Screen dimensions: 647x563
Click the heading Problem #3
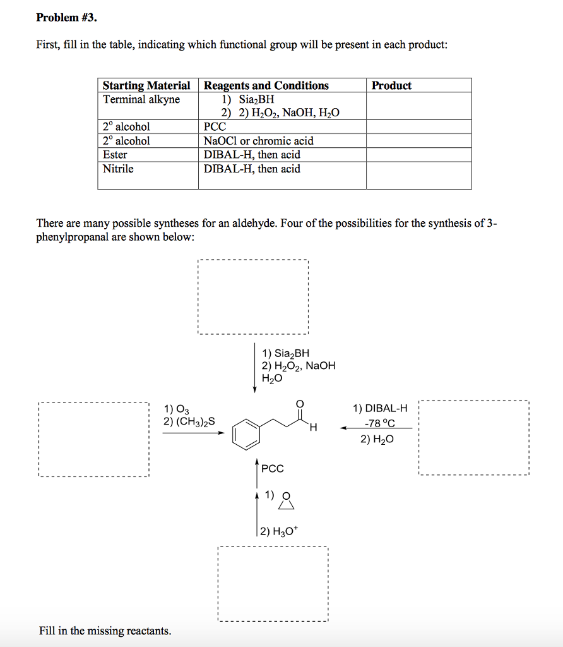click(x=67, y=18)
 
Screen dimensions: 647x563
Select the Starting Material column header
click(x=146, y=85)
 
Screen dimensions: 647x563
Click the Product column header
click(x=391, y=85)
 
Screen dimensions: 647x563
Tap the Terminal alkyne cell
click(x=141, y=99)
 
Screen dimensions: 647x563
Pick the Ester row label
click(x=115, y=155)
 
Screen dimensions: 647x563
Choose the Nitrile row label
click(x=118, y=169)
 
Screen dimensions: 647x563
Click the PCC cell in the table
click(x=215, y=127)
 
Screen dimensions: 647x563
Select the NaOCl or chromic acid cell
click(x=258, y=141)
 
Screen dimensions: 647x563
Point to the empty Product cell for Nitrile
click(x=418, y=175)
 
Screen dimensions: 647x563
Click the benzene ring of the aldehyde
click(x=246, y=433)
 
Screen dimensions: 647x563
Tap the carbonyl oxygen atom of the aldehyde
click(x=299, y=404)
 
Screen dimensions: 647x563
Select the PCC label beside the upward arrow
click(x=272, y=468)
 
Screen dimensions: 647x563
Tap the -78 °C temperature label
click(x=380, y=423)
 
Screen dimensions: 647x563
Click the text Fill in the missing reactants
click(x=105, y=631)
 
